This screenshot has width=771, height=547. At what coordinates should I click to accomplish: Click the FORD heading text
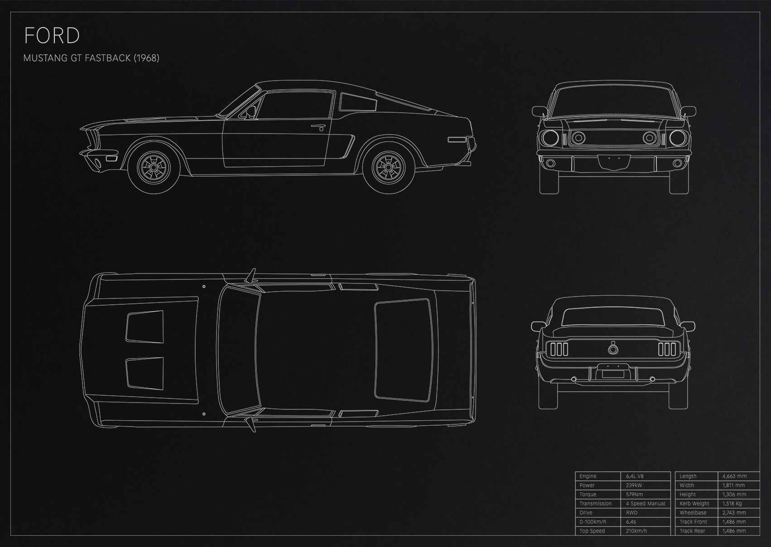click(x=52, y=35)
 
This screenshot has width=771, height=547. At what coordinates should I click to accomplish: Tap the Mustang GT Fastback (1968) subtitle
click(x=91, y=58)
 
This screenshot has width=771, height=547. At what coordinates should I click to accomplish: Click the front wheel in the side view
click(x=154, y=167)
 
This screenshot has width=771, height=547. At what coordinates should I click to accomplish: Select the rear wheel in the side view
click(x=389, y=167)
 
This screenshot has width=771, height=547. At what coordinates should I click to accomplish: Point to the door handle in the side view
click(x=319, y=127)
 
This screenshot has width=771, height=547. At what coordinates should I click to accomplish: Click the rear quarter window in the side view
click(x=357, y=102)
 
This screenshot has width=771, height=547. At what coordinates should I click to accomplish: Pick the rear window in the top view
click(x=403, y=350)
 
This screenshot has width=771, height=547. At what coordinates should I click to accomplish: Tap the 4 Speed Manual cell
click(x=646, y=504)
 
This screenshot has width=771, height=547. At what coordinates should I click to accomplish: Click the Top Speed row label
click(x=592, y=531)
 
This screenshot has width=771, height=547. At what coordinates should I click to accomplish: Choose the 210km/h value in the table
click(x=636, y=531)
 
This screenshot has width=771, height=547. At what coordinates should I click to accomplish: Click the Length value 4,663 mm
click(x=734, y=476)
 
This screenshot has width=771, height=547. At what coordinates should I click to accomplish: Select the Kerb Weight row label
click(x=694, y=504)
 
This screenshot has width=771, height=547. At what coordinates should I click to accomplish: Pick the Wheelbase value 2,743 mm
click(x=734, y=513)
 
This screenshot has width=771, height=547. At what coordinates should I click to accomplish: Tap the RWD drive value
click(x=631, y=513)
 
